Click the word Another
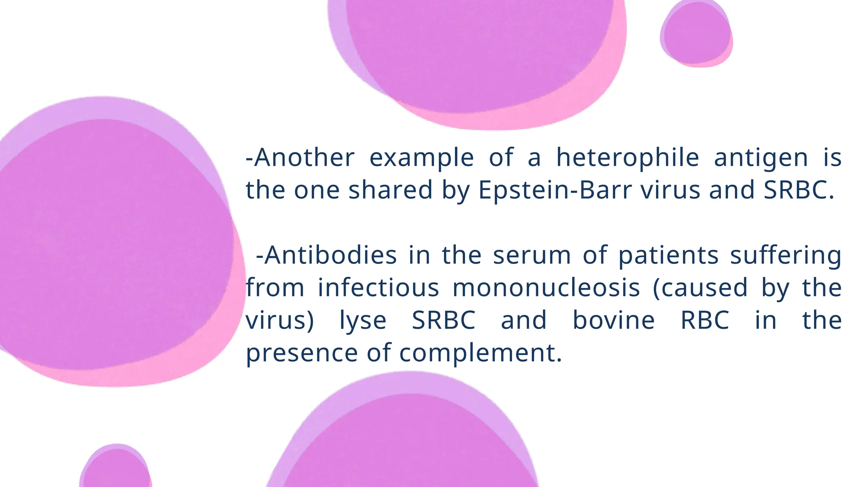(x=304, y=158)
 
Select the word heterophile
(x=628, y=158)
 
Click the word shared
(x=390, y=190)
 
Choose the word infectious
(x=378, y=288)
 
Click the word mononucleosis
(x=546, y=288)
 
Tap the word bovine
(x=614, y=320)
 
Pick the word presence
(x=302, y=353)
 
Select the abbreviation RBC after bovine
(x=705, y=320)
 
